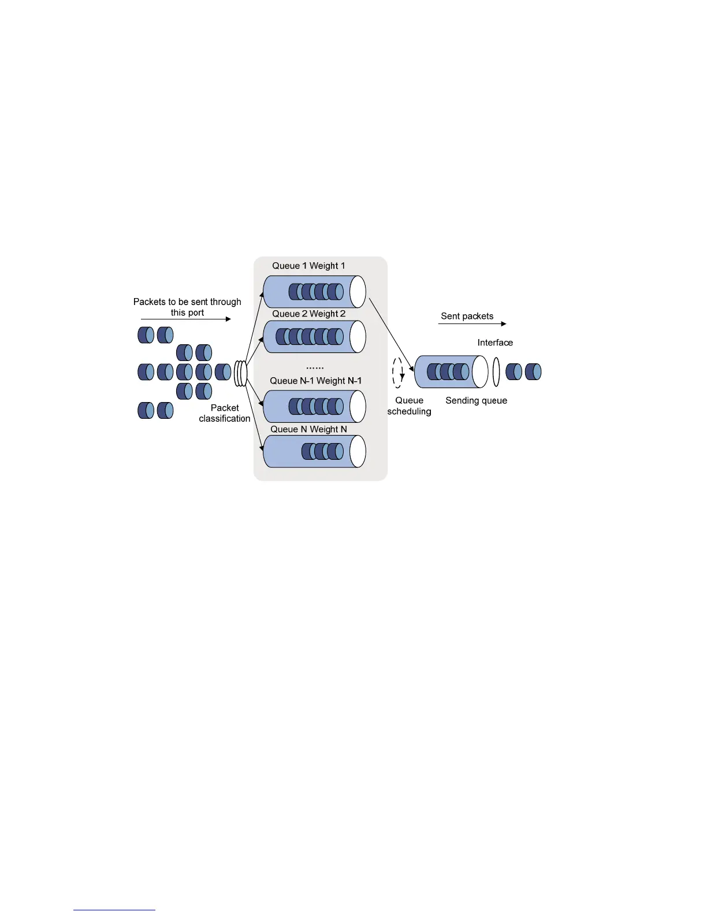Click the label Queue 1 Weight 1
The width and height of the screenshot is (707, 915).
coord(308,266)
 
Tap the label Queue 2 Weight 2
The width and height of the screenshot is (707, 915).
coord(308,314)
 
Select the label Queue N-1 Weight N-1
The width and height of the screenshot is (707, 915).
coord(315,381)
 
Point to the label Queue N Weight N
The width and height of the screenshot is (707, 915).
coord(308,429)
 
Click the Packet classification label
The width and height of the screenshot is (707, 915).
coord(224,413)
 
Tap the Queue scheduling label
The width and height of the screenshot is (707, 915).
coord(409,406)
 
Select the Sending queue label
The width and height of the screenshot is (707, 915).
coord(476,400)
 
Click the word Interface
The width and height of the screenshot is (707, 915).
coord(495,343)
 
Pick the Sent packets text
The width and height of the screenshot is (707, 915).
coord(467,316)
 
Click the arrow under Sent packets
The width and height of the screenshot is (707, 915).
coord(472,323)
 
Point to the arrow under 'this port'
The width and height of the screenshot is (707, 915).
coord(186,319)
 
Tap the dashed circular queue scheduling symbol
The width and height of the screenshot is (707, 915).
coord(398,373)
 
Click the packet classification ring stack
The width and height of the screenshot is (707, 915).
coord(240,373)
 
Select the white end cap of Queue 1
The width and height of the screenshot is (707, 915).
coord(358,291)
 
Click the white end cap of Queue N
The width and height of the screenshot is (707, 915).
coord(358,451)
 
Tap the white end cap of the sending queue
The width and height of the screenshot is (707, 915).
coord(480,371)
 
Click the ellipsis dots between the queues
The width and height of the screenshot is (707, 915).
coord(315,367)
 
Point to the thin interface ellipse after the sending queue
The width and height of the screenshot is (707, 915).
coord(496,371)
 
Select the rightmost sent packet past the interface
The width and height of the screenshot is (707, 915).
coord(533,371)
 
